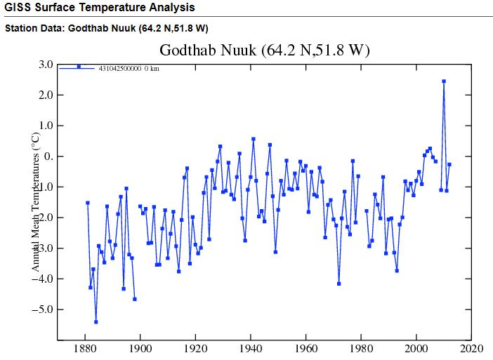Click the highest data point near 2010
pos(444,81)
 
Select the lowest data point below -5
pos(96,322)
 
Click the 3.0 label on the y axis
pos(46,65)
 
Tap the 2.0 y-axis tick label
pos(46,95)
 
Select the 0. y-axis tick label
pos(48,156)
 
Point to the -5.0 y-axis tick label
pos(44,309)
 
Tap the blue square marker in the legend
pos(79,67)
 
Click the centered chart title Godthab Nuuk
pos(264,51)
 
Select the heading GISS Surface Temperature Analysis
pos(99,8)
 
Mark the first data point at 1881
pos(88,203)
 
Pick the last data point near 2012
pos(449,164)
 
